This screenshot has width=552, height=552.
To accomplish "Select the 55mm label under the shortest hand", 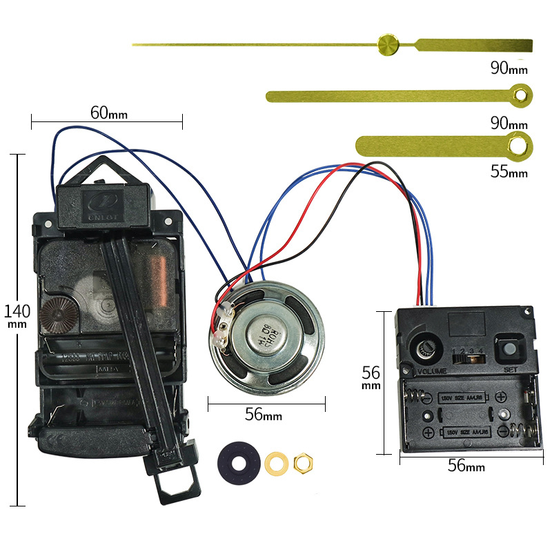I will coord(509,172).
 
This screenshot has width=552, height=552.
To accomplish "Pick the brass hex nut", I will coord(302,461).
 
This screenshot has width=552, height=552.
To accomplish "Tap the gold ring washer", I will coord(277,461).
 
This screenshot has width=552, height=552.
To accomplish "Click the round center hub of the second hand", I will coord(388,44).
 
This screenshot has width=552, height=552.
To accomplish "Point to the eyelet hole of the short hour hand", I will coord(515,145).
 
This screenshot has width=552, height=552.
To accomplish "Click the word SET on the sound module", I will coord(510,369).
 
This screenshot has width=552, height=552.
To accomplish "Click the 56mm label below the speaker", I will coord(264,415).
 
